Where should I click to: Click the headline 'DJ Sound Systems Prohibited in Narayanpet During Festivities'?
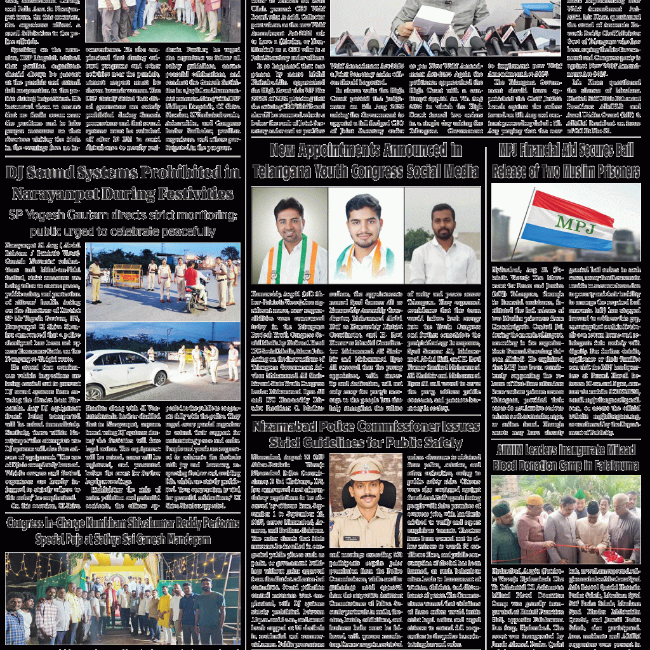(x=123, y=182)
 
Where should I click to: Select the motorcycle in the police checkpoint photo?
(x=197, y=298)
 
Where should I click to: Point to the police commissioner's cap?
(x=365, y=468)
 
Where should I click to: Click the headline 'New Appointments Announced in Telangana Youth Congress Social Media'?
(x=365, y=161)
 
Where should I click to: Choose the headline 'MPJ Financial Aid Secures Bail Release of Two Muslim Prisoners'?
(x=566, y=161)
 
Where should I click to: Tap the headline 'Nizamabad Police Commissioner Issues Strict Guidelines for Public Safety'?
(x=365, y=434)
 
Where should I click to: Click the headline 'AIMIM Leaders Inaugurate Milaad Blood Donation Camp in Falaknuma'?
(x=566, y=458)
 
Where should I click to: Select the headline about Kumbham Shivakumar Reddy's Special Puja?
(x=123, y=531)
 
